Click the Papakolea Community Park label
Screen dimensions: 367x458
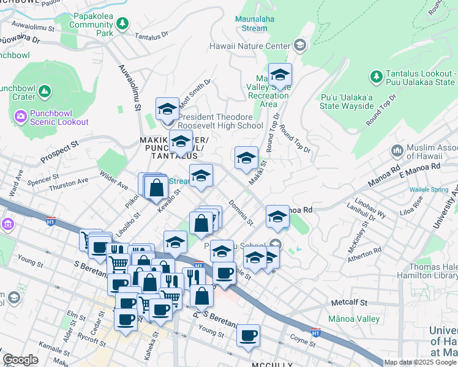click(91, 25)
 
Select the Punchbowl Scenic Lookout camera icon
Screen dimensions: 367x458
click(20, 116)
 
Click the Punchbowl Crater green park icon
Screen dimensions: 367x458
click(44, 92)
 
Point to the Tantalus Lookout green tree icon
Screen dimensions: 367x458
click(376, 77)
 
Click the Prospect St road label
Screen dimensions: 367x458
click(60, 152)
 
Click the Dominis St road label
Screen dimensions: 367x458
click(239, 211)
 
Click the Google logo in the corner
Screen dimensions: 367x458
click(20, 360)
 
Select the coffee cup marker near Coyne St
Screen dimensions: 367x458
click(248, 335)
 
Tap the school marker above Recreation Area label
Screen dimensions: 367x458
click(280, 75)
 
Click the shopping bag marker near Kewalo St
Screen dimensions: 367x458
click(156, 187)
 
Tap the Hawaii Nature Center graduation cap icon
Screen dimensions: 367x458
click(299, 45)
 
